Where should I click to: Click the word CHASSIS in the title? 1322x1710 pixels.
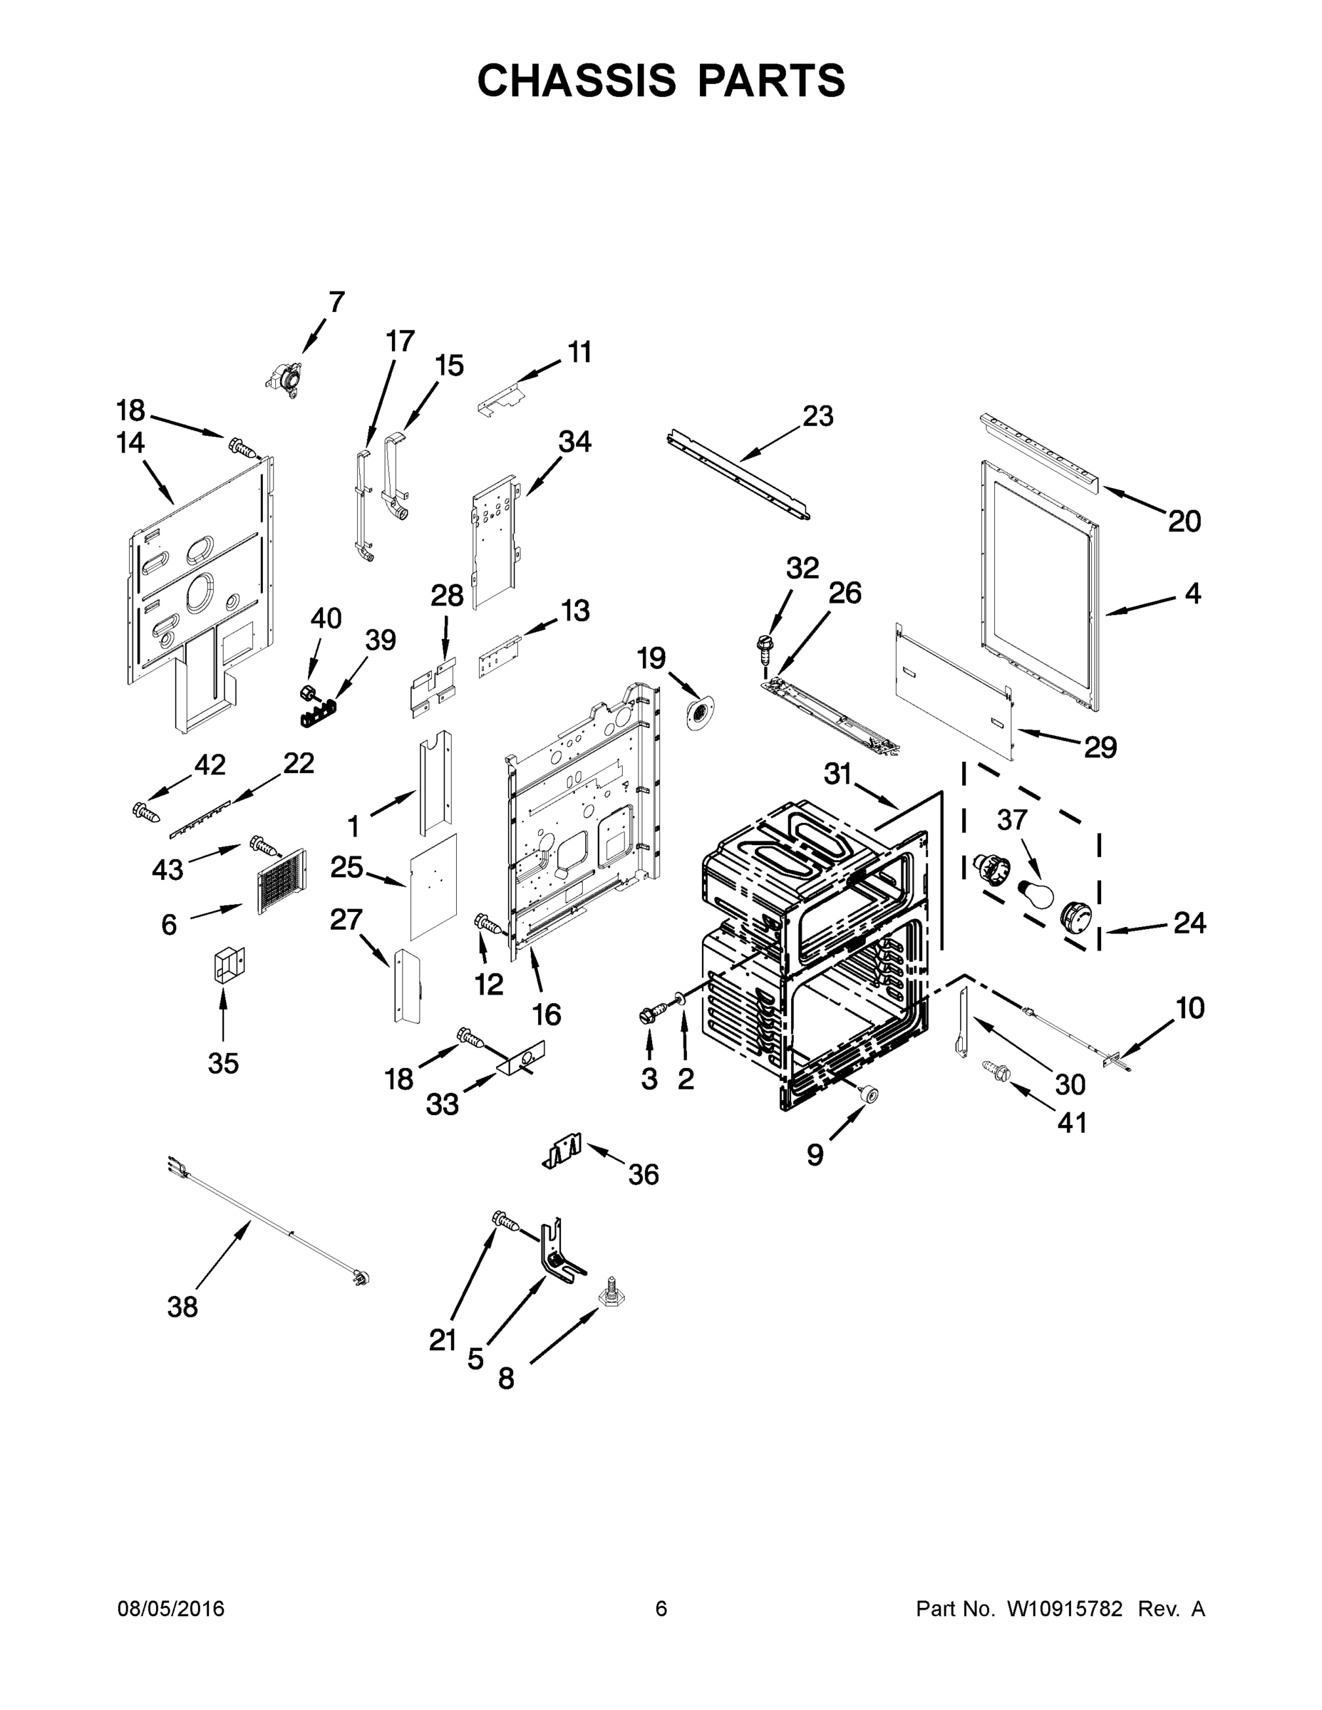577,81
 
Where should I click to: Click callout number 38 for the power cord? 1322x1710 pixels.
182,1307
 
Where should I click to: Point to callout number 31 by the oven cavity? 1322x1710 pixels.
837,774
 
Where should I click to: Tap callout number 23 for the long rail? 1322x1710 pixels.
817,416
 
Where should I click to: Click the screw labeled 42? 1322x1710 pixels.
147,812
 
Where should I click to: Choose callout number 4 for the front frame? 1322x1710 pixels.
1192,594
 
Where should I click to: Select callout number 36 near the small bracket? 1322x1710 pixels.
643,1174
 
